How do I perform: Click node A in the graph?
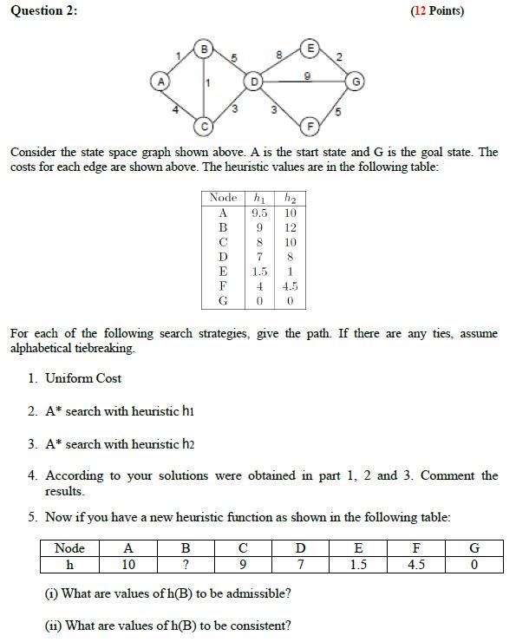tap(158, 82)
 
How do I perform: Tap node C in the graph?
tap(204, 125)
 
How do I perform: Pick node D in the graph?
tap(252, 82)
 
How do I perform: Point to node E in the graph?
tap(308, 44)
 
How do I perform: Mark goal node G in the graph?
tap(356, 82)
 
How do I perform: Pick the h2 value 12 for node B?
tap(290, 227)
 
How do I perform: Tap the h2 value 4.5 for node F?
tap(290, 286)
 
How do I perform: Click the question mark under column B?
tap(185, 565)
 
